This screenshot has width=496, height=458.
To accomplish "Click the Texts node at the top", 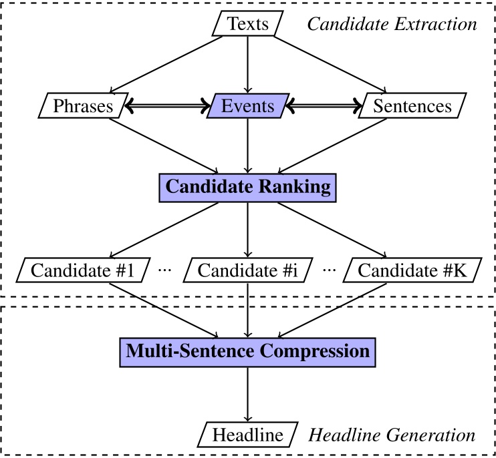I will pos(248,25).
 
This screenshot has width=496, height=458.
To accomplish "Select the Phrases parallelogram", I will pos(84,106).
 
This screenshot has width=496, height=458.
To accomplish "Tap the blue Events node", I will pos(248,106).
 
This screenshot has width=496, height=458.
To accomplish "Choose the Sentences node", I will pos(412,106).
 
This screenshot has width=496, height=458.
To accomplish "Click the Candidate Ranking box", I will pos(248,187).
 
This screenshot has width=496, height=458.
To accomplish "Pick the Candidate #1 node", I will pos(84,270).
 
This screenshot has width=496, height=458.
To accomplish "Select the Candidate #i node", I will pos(248,270).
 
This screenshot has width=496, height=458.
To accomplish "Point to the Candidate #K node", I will pos(412,270).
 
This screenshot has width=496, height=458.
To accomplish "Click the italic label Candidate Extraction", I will pos(391,25).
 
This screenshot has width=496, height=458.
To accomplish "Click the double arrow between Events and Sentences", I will pos(325,106).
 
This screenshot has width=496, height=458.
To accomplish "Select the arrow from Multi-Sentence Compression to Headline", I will pos(248,393).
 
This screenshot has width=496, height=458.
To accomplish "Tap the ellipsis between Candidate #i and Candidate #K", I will pos(329,271).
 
